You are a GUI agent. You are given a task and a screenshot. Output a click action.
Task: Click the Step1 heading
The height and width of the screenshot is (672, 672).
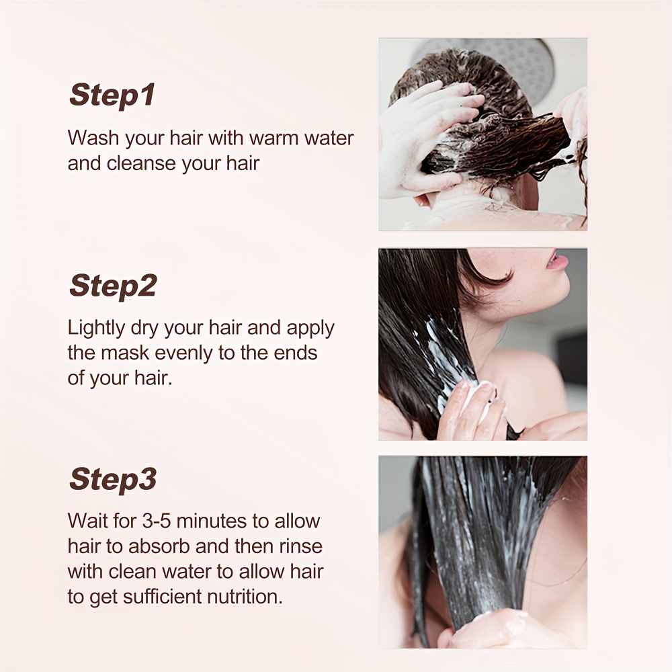click(112, 95)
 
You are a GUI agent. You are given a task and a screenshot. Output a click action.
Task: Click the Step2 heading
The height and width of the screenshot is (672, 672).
click(113, 286)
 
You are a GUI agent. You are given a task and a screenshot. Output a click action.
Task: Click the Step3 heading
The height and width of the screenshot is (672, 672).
click(113, 478)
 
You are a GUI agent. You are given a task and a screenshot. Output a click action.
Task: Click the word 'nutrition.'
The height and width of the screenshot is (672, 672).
click(245, 597)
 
